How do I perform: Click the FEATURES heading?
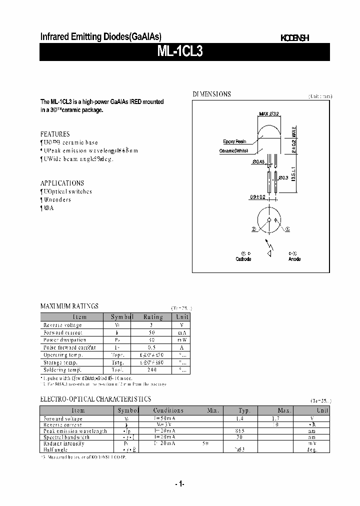(55, 134)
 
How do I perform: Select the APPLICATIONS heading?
(62, 183)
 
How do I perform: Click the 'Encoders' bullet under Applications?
(57, 199)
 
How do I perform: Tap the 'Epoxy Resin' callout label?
(234, 142)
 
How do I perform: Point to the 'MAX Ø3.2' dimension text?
(269, 114)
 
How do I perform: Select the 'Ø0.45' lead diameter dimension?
(258, 161)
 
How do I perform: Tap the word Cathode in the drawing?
(243, 259)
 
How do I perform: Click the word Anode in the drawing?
(294, 259)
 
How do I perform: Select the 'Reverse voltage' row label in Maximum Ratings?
(62, 325)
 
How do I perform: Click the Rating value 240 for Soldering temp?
(152, 370)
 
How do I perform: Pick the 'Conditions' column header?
(168, 410)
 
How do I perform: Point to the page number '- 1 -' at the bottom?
(180, 483)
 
